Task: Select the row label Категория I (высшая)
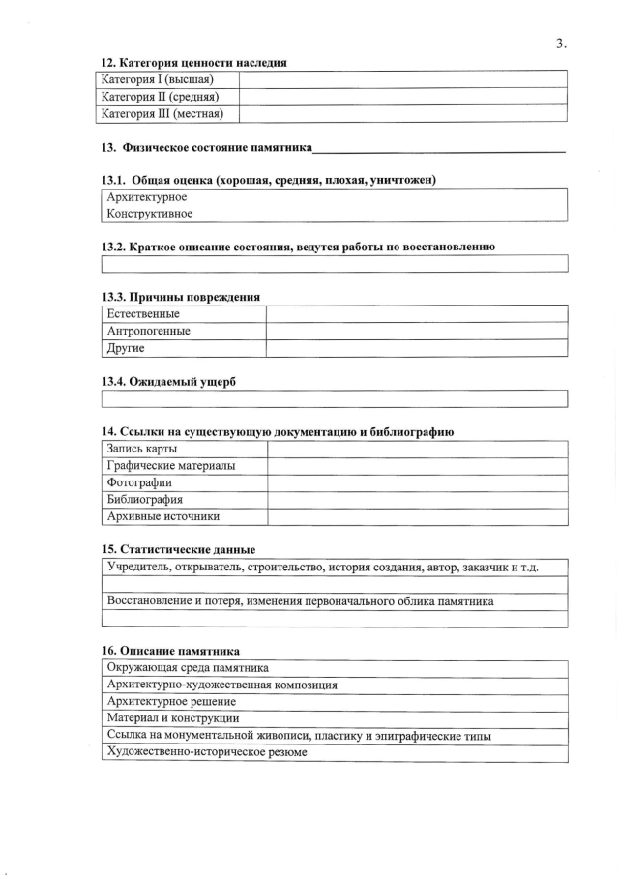[157, 79]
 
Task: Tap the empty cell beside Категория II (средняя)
[401, 97]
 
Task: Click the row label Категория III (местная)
[162, 114]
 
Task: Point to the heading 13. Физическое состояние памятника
[207, 148]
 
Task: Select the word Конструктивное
[150, 214]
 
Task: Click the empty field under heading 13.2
[334, 264]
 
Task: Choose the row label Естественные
[143, 314]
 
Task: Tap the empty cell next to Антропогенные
[416, 331]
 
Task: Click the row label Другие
[126, 348]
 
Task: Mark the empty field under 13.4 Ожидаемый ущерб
[334, 398]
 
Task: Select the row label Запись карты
[142, 449]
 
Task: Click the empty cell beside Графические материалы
[416, 466]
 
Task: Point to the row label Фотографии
[140, 482]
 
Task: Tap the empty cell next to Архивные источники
[416, 516]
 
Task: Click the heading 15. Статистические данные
[179, 549]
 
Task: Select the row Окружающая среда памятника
[188, 667]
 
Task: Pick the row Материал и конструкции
[173, 718]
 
